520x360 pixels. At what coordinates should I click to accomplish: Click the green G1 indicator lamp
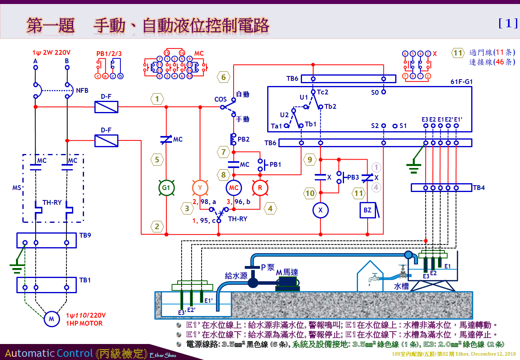[166, 188]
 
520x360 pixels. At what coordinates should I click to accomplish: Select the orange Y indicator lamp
[200, 188]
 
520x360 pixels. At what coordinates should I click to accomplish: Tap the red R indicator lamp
[260, 188]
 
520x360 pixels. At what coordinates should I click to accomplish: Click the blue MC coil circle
[233, 188]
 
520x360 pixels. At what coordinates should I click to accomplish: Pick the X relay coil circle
[320, 210]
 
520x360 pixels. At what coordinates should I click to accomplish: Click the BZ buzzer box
[368, 210]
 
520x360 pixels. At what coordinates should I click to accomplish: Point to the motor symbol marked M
[51, 319]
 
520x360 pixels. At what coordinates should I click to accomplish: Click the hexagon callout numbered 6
[224, 77]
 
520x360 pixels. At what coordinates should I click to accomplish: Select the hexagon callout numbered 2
[157, 227]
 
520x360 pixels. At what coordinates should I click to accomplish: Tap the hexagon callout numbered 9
[309, 160]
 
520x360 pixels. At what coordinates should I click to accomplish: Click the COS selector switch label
[220, 99]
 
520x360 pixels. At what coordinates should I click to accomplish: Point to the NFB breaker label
[82, 90]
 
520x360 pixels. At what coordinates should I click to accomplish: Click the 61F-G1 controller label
[462, 82]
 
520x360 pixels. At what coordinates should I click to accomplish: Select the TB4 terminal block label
[479, 187]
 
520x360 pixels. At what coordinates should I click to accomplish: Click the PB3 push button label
[353, 177]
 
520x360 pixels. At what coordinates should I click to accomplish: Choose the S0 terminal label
[375, 92]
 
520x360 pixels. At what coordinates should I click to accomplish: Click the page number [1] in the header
[508, 24]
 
